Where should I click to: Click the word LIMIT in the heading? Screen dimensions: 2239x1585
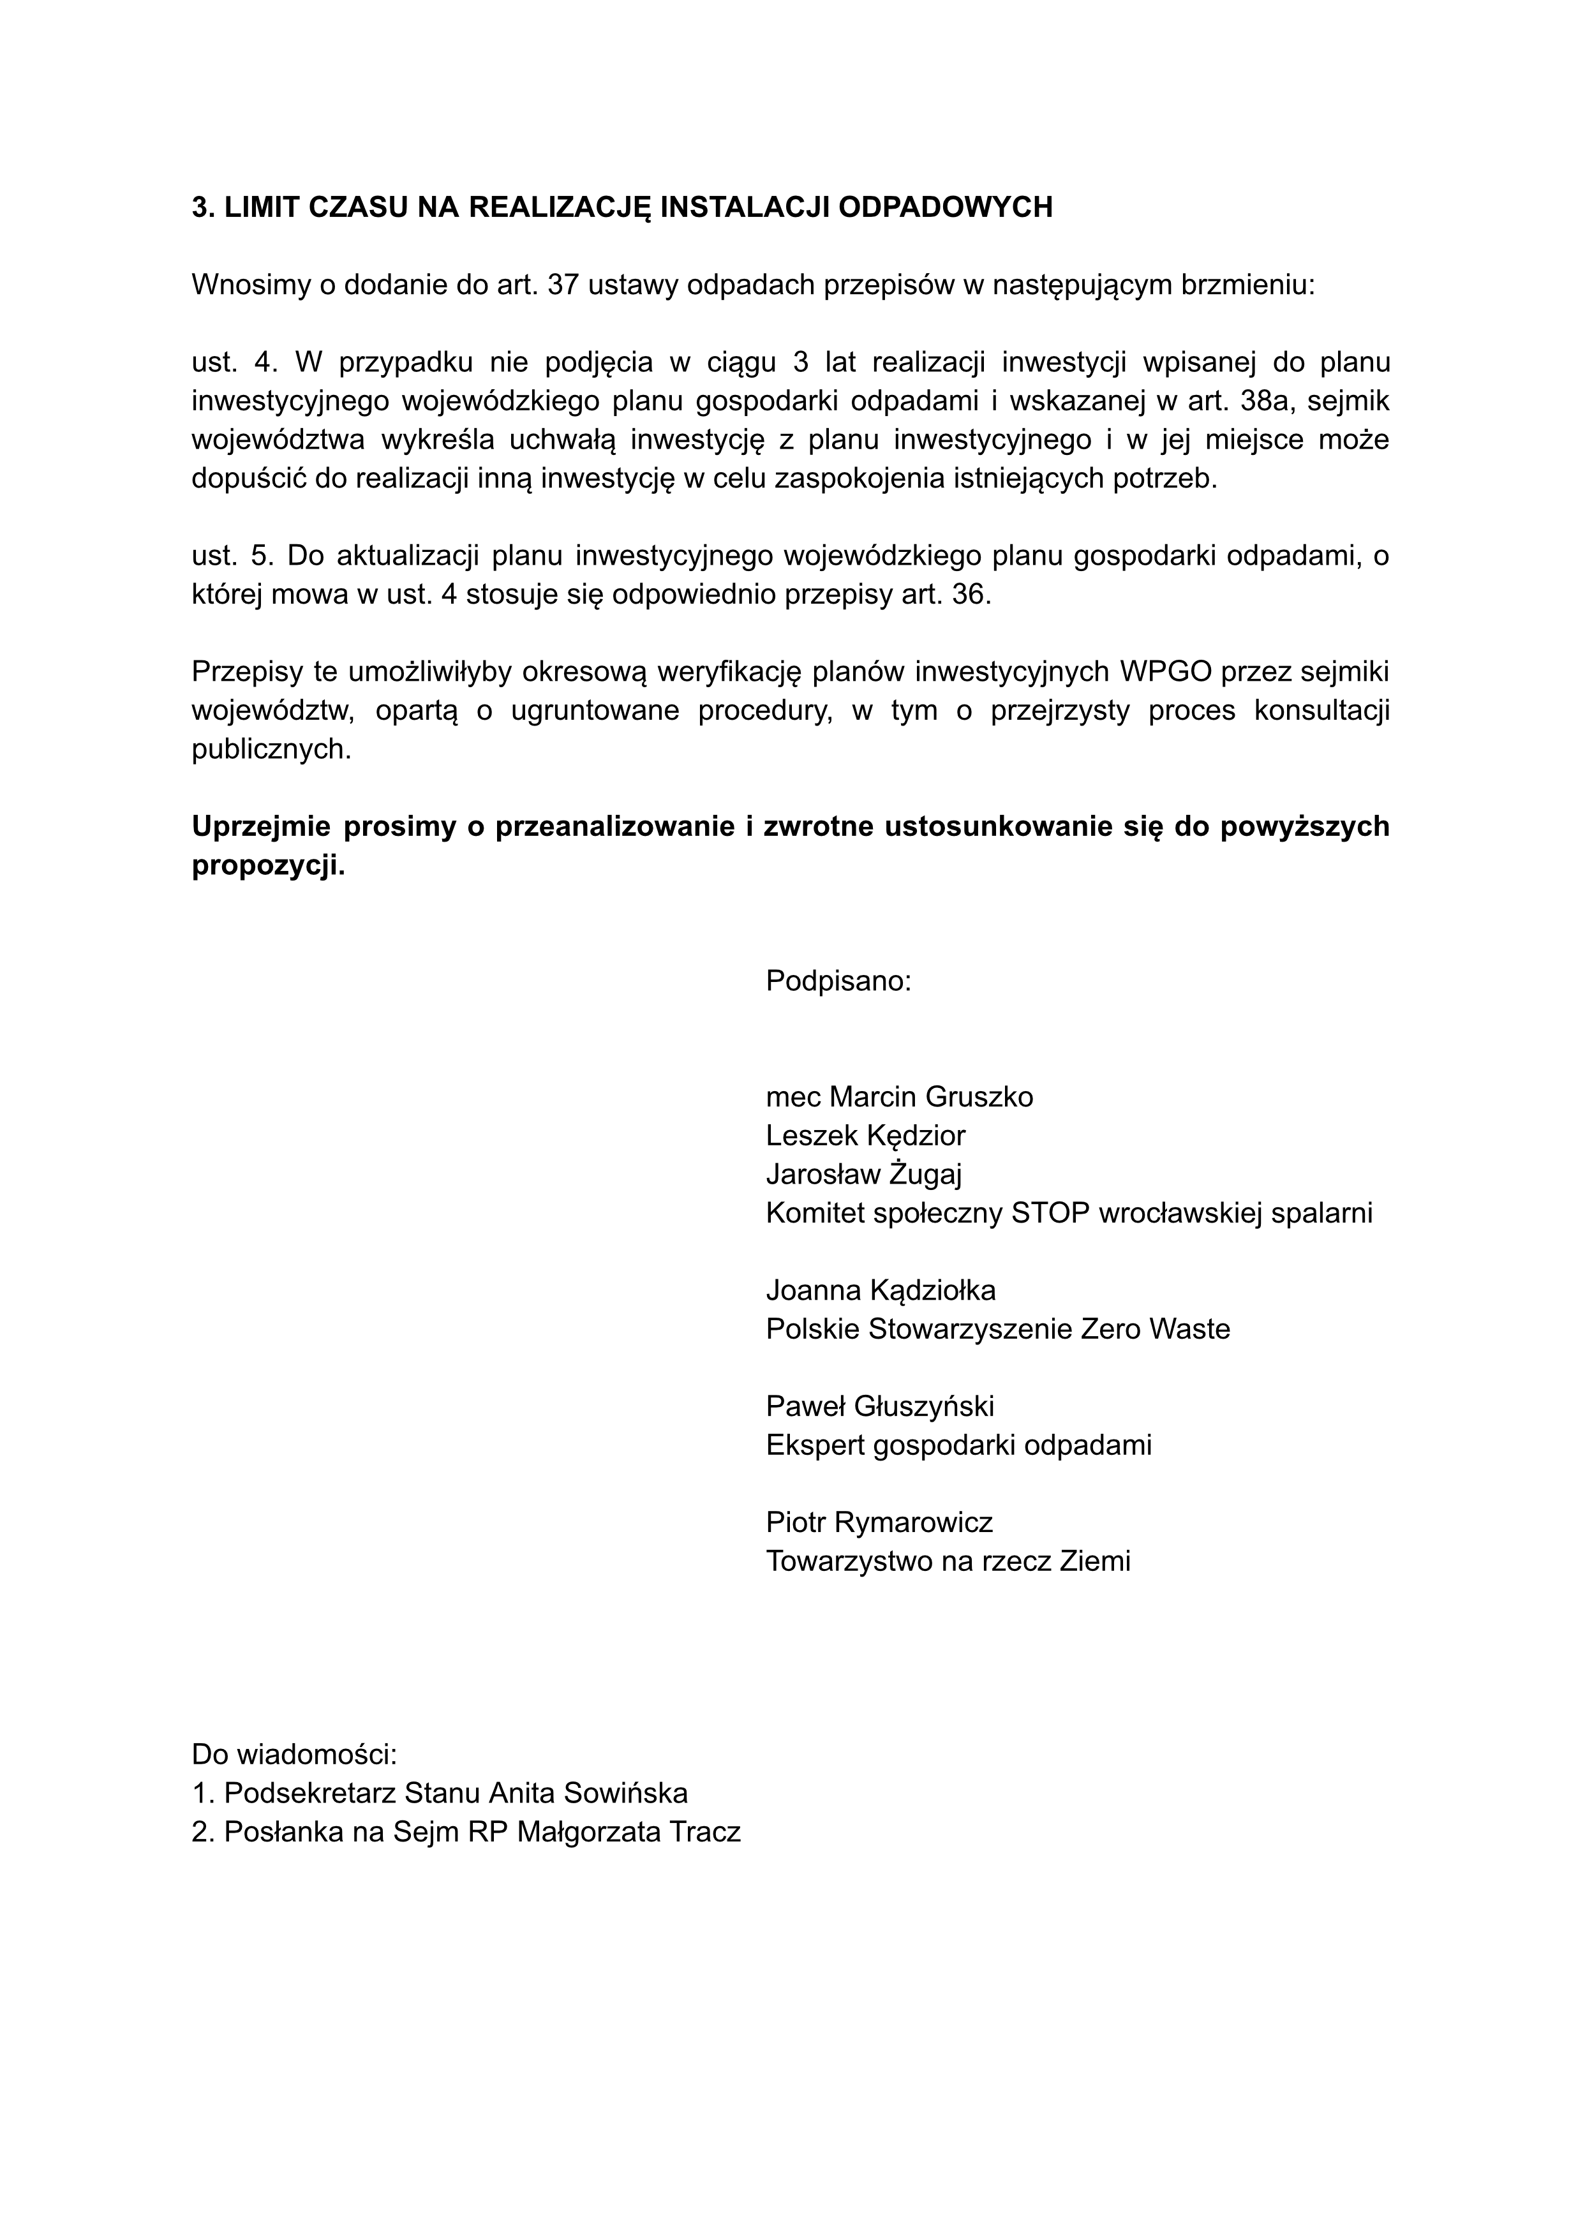[x=262, y=208]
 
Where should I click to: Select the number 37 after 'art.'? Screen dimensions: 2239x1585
[x=564, y=285]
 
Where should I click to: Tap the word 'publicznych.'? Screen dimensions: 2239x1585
[x=271, y=750]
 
